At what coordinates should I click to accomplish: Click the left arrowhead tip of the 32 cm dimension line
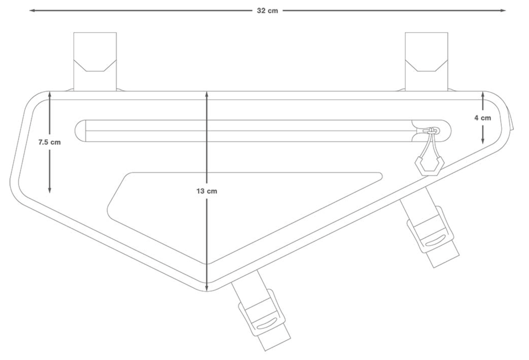(30, 10)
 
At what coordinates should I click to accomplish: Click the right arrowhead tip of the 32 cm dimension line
(506, 10)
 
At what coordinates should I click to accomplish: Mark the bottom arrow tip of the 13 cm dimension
(206, 291)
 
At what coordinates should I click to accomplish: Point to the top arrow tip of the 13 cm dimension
(206, 92)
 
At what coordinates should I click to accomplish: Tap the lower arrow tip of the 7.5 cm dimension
(49, 193)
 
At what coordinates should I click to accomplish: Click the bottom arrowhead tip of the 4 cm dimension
(483, 144)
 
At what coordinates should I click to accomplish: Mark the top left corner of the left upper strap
(74, 32)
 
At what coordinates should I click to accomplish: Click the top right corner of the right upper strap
(448, 32)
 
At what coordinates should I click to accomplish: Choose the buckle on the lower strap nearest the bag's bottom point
(262, 313)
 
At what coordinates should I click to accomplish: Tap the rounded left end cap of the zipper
(80, 131)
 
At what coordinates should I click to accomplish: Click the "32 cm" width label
(267, 11)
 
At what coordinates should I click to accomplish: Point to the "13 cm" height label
(206, 191)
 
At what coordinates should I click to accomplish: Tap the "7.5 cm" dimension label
(49, 142)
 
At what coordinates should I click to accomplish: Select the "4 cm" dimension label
(483, 118)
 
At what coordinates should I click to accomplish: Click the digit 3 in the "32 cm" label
(259, 11)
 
